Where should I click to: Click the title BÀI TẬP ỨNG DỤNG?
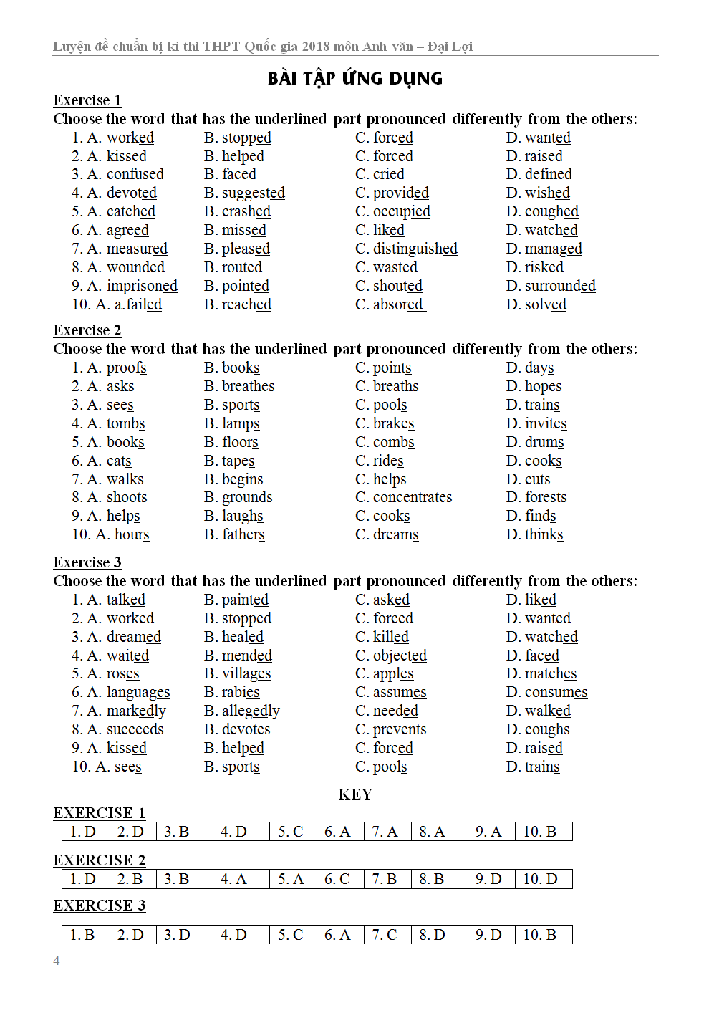point(354,78)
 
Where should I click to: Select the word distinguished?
point(415,249)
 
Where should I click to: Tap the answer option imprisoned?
point(142,286)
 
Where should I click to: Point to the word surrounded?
point(560,286)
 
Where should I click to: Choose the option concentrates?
point(413,497)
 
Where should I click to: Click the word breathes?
point(248,386)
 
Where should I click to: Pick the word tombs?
point(126,423)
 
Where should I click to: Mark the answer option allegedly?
point(251,711)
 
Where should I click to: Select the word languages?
point(138,692)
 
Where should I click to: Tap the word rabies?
point(241,692)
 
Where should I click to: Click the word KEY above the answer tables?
point(355,794)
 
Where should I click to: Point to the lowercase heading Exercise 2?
point(87,330)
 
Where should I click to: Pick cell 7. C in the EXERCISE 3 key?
point(385,935)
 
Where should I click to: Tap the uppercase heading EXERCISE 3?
point(100,906)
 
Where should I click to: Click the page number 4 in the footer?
point(57,961)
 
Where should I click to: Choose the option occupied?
point(401,211)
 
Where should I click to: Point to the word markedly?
point(136,711)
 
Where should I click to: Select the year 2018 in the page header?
point(316,47)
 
